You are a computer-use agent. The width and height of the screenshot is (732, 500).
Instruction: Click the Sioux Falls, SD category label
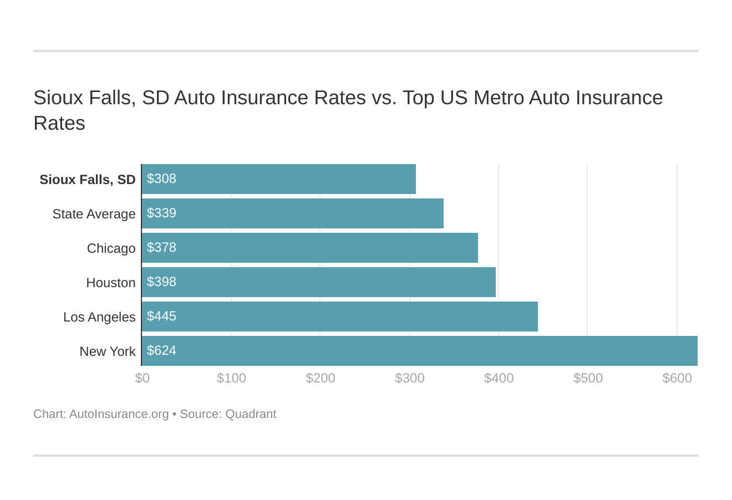point(87,180)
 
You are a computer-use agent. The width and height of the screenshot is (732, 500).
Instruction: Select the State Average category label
point(94,214)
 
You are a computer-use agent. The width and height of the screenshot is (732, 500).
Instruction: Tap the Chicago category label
point(111,248)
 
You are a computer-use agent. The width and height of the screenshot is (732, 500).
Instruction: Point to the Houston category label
point(110,283)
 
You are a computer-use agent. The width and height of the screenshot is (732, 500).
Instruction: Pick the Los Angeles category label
point(99,317)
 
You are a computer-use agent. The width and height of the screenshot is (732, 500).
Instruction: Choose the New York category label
point(107,351)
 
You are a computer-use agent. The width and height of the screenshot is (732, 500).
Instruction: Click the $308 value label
point(161,178)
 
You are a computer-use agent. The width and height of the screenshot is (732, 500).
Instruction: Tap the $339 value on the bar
point(161,213)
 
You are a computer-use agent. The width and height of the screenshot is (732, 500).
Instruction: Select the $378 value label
point(161,247)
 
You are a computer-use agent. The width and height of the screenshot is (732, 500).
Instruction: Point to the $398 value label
point(161,282)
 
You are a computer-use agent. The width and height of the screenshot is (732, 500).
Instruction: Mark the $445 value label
point(161,316)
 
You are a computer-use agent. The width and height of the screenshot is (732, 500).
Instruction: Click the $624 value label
point(161,350)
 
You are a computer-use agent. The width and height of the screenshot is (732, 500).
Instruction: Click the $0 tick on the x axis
point(143,378)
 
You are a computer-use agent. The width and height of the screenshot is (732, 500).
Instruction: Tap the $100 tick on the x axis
point(231,378)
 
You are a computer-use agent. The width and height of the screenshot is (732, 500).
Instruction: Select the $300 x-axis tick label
point(410,378)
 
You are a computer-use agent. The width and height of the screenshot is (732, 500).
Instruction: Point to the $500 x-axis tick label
point(588,378)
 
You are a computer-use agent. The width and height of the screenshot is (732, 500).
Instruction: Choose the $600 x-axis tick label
point(677,378)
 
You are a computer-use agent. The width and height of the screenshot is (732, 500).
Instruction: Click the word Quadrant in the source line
point(251,414)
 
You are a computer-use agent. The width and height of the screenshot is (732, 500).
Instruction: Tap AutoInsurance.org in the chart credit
point(119,414)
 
